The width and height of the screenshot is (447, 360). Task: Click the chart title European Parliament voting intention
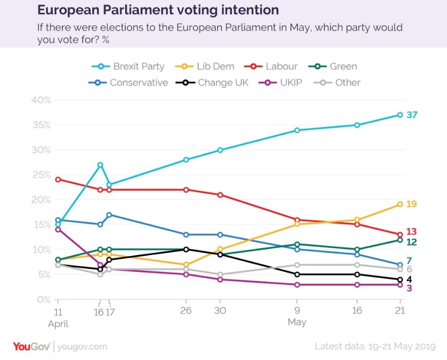(x=158, y=10)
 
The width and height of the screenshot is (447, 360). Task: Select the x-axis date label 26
(x=186, y=311)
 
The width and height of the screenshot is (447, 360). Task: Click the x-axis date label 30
(x=220, y=311)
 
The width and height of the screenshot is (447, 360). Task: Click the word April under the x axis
(x=58, y=323)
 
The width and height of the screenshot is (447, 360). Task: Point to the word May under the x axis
(x=297, y=323)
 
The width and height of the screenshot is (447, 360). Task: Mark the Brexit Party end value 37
(x=412, y=115)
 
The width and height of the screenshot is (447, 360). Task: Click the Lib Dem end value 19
(x=412, y=204)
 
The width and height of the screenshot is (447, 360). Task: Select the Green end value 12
(x=412, y=242)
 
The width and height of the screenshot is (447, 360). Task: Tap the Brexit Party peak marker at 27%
(x=100, y=165)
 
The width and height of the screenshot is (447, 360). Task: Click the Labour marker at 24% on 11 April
(x=58, y=180)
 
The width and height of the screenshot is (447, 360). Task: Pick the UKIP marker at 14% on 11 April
(x=58, y=229)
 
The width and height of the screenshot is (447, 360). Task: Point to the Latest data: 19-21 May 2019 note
(x=375, y=347)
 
